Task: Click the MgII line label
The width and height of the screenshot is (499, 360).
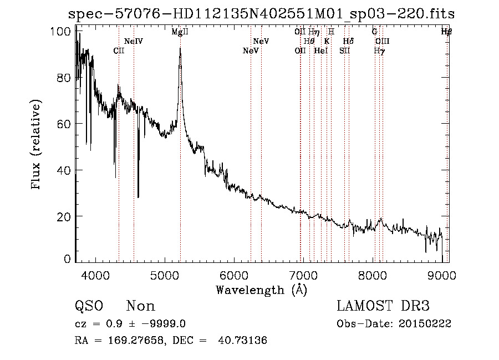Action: tap(180, 32)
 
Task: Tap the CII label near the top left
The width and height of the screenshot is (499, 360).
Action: tap(119, 50)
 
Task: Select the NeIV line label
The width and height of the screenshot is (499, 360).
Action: tap(134, 41)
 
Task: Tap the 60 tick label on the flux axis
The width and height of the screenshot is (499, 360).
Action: tap(65, 124)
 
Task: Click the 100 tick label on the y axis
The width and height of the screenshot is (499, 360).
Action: tap(62, 32)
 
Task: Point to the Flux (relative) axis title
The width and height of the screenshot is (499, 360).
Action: tap(37, 145)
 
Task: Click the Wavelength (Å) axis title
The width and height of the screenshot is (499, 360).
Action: tap(261, 290)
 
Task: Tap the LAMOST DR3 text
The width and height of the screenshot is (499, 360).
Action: tap(383, 306)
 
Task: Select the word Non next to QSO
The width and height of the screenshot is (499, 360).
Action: tap(141, 306)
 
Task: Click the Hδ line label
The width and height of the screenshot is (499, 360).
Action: tap(348, 41)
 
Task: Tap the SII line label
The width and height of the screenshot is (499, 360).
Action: tap(345, 50)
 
